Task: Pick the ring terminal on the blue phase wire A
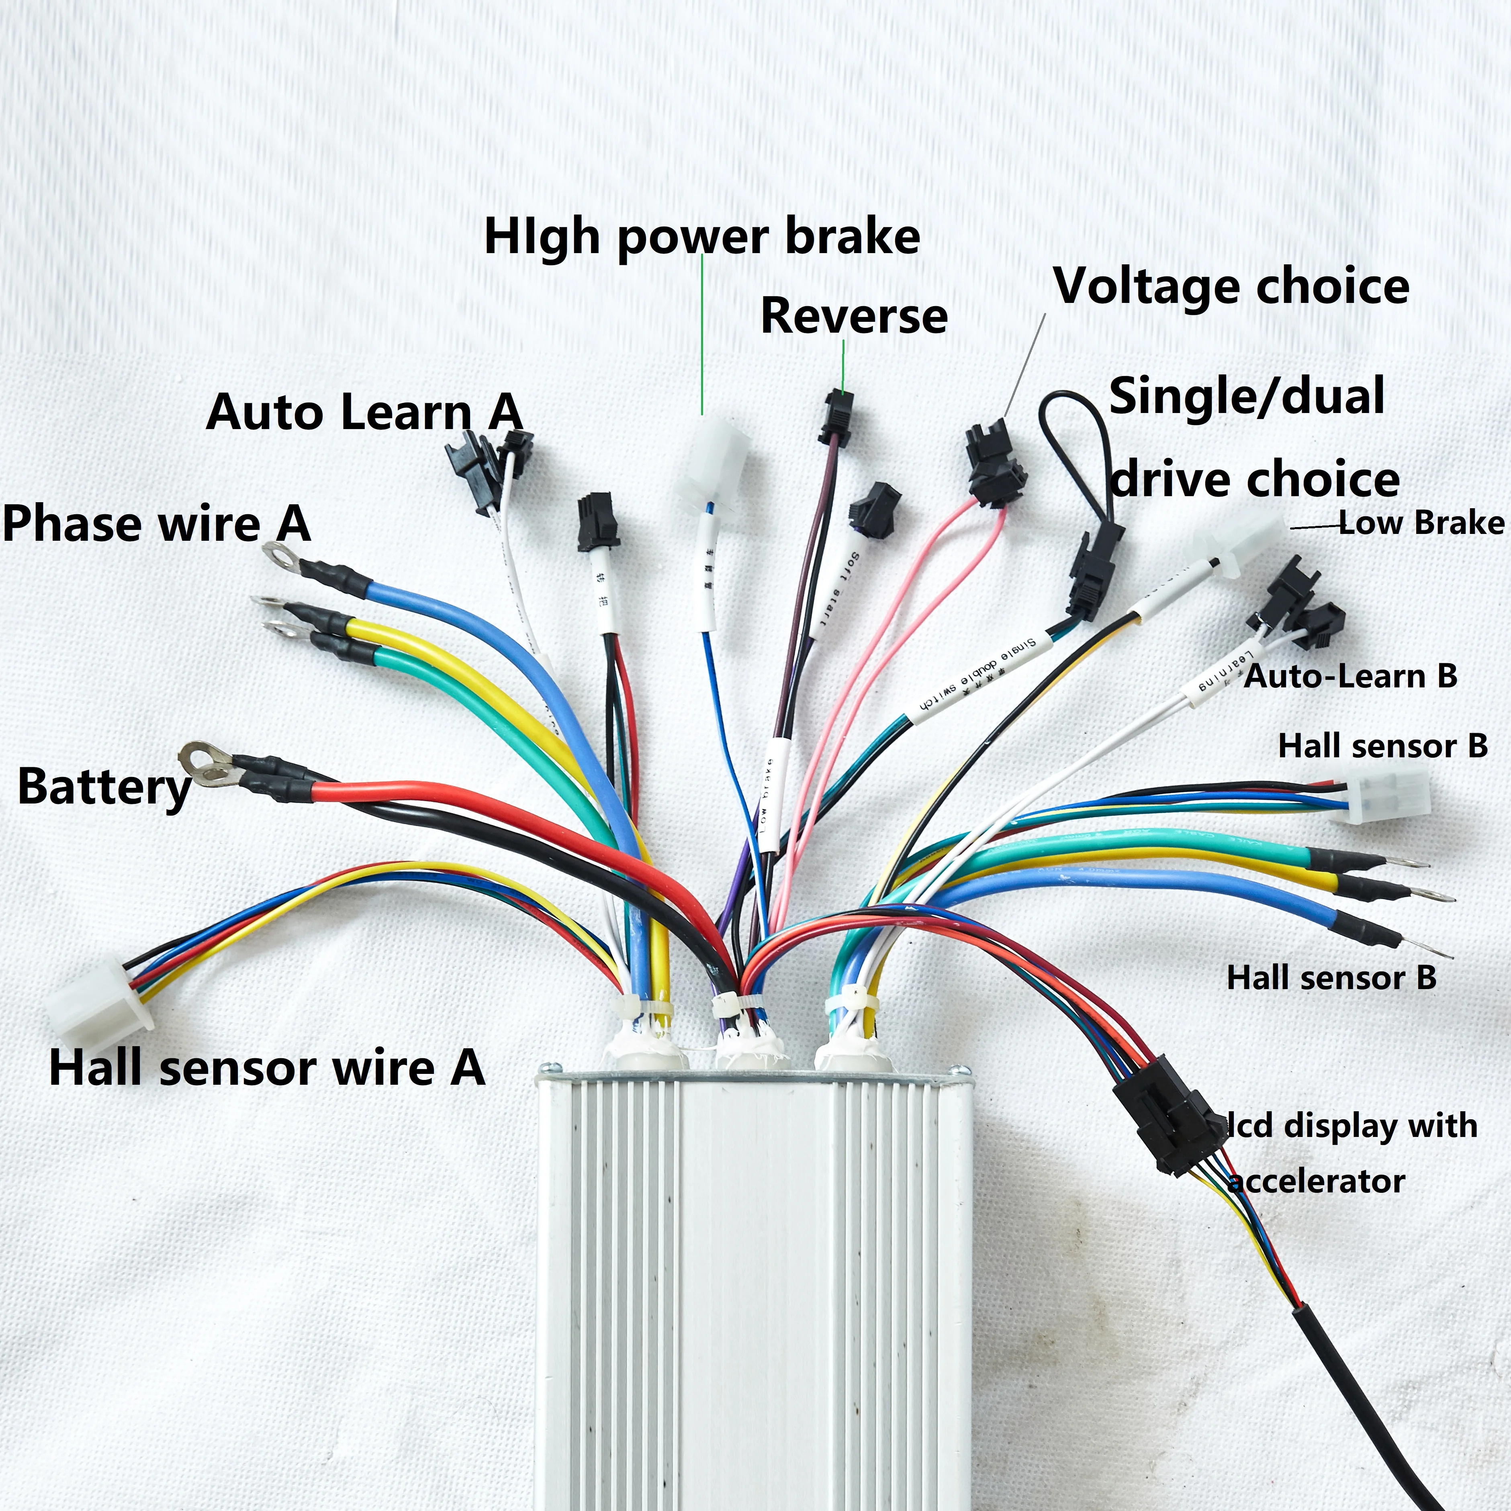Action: (x=280, y=555)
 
